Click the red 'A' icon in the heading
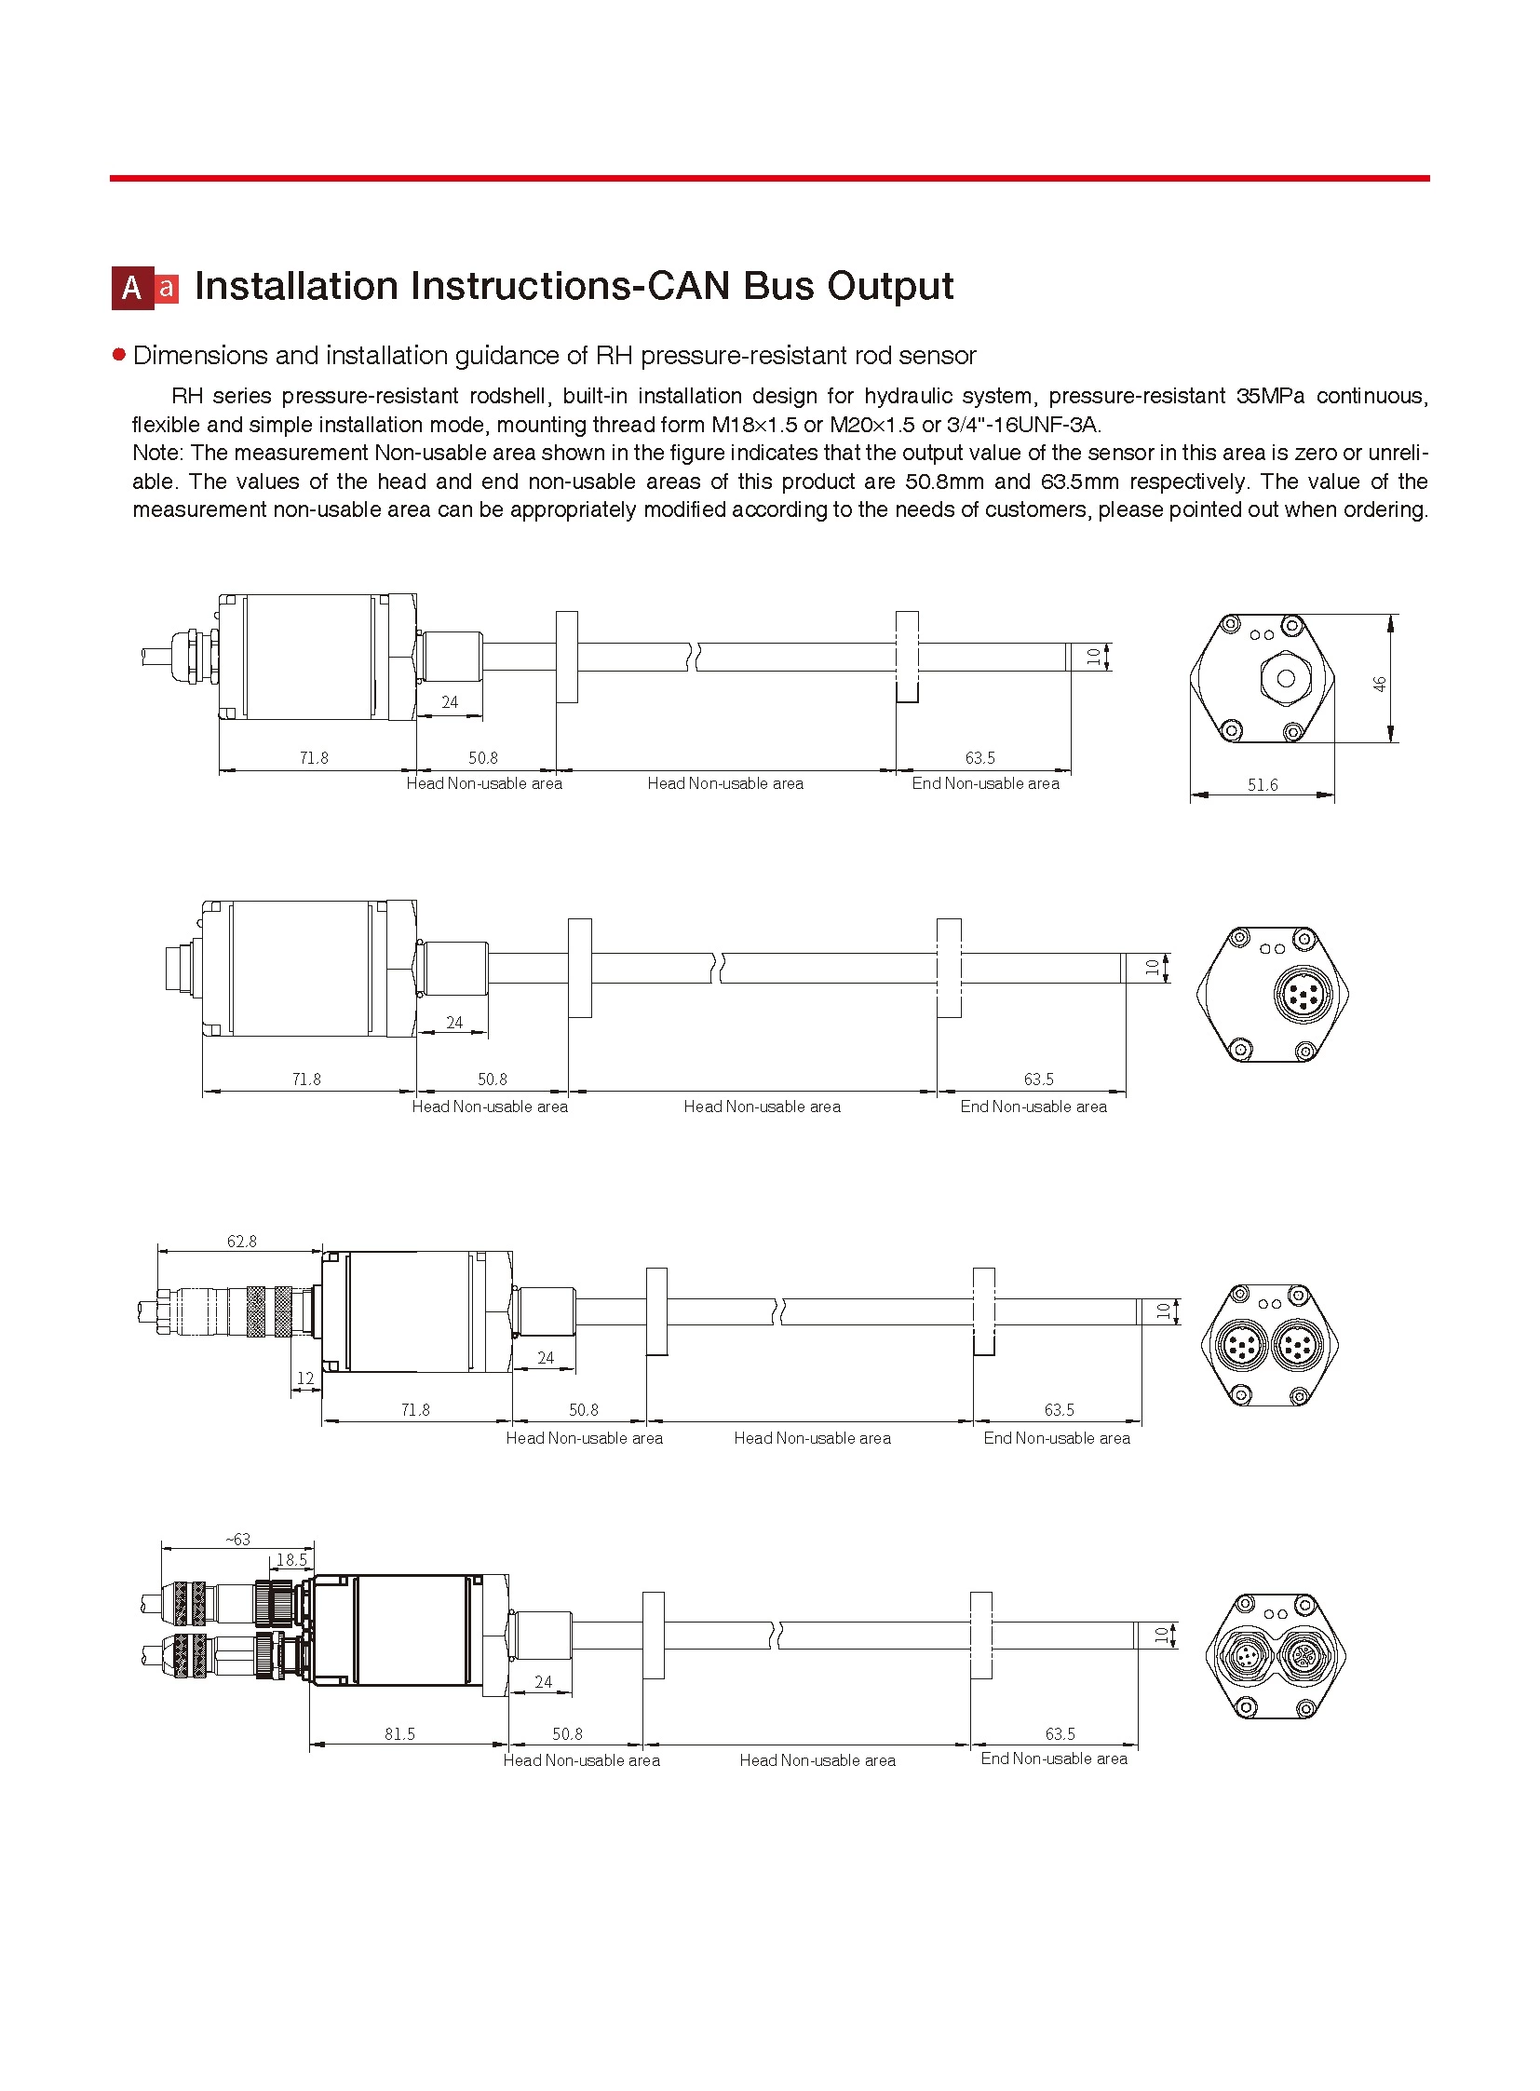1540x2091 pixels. pyautogui.click(x=132, y=288)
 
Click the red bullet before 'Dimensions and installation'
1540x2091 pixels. pyautogui.click(x=118, y=355)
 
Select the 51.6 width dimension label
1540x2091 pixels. pyautogui.click(x=1263, y=784)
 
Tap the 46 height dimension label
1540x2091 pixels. pyautogui.click(x=1380, y=684)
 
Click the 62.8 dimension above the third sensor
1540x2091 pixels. pyautogui.click(x=241, y=1242)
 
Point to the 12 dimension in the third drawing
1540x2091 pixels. pyautogui.click(x=304, y=1378)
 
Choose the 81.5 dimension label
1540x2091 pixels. pyautogui.click(x=399, y=1733)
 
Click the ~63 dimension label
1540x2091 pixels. pyautogui.click(x=237, y=1540)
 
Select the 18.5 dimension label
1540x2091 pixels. pyautogui.click(x=290, y=1559)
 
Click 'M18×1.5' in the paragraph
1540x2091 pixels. pyautogui.click(x=754, y=425)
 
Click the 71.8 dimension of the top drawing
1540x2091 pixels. pyautogui.click(x=313, y=758)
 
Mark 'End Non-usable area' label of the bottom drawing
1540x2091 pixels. pyautogui.click(x=1053, y=1758)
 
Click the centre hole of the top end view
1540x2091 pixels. pyautogui.click(x=1286, y=679)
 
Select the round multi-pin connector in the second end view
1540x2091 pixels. pyautogui.click(x=1300, y=994)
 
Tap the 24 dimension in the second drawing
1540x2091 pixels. pyautogui.click(x=454, y=1022)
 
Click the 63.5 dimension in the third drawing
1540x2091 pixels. pyautogui.click(x=1059, y=1409)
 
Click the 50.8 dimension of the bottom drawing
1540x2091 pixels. pyautogui.click(x=567, y=1733)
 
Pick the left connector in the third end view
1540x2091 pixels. pyautogui.click(x=1242, y=1346)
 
